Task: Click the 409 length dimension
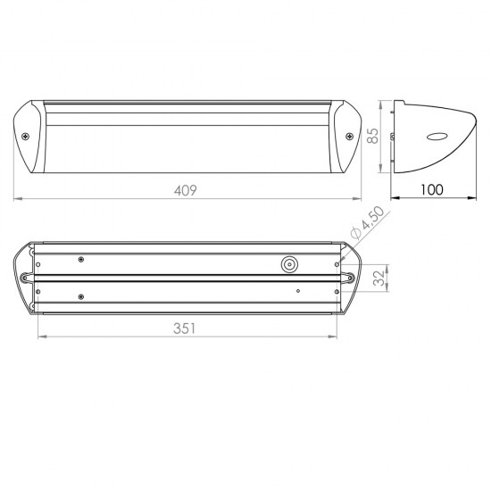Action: (186, 190)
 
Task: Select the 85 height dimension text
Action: (372, 136)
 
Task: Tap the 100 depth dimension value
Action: (432, 190)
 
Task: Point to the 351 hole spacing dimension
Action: (184, 329)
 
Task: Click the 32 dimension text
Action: (379, 278)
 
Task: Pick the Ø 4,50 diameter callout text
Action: (367, 222)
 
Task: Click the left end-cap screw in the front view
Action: (25, 137)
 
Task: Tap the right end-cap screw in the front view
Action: (349, 137)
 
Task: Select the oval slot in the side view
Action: (437, 137)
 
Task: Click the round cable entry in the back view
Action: (289, 264)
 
